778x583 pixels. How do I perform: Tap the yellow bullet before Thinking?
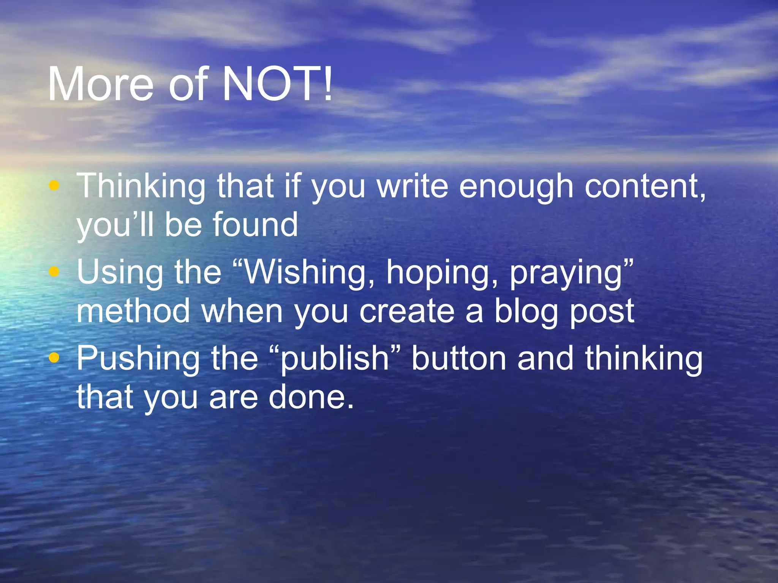tap(54, 186)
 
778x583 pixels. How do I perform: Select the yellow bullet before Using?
tap(54, 271)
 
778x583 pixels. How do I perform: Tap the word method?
tap(133, 311)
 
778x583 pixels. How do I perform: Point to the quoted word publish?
tap(334, 359)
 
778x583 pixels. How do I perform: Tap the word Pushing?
tap(138, 359)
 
